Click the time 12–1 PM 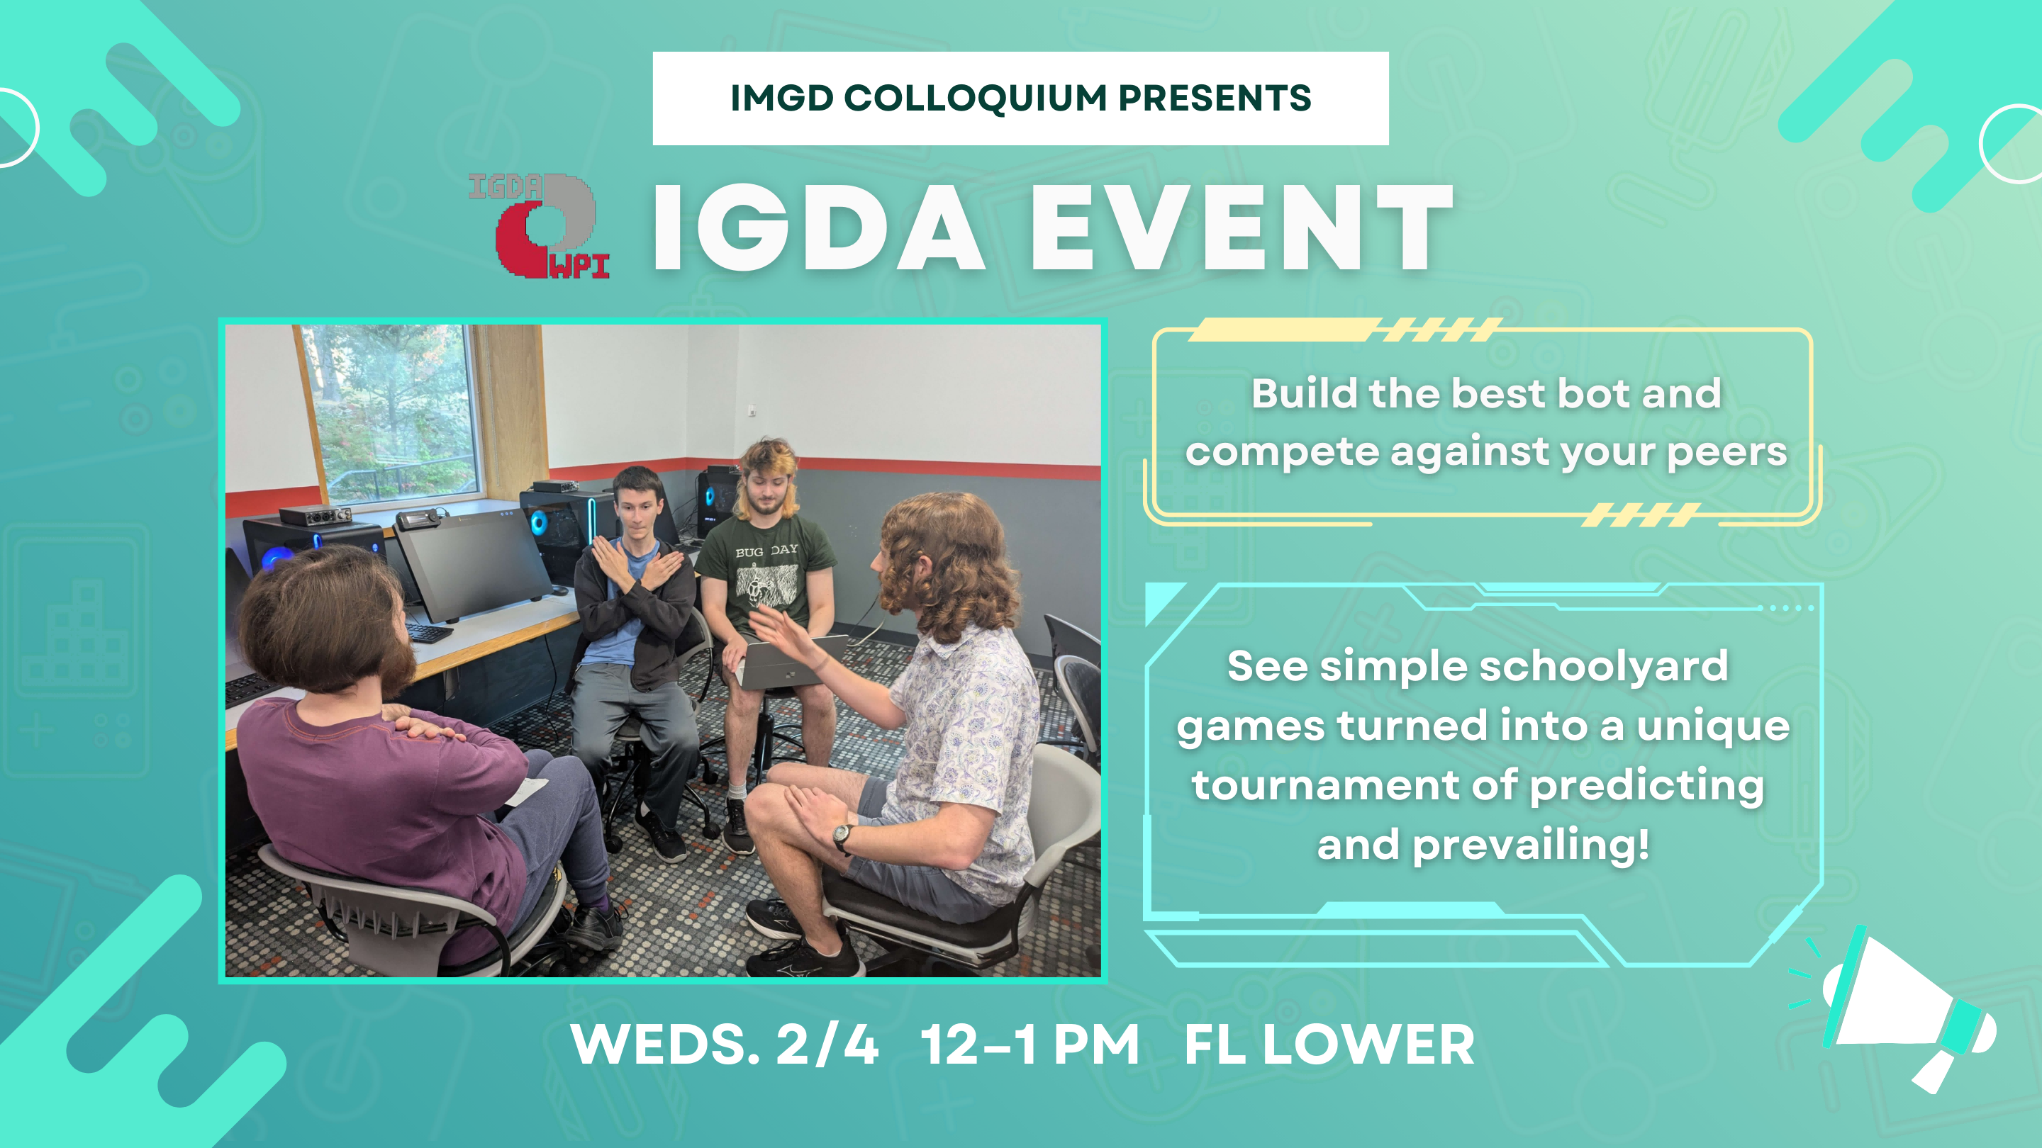1030,1045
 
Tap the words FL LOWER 1329,1045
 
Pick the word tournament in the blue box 1324,785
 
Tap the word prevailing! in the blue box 1530,845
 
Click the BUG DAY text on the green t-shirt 766,550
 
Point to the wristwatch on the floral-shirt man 842,835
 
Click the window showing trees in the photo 392,412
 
